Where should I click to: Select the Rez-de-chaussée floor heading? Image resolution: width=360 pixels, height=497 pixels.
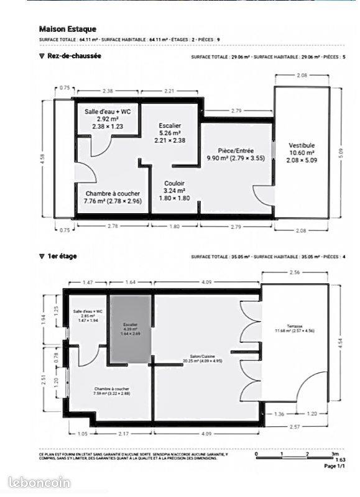click(69, 56)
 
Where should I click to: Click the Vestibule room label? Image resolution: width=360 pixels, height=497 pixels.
click(302, 145)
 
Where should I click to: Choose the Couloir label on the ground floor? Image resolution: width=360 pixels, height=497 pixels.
click(173, 184)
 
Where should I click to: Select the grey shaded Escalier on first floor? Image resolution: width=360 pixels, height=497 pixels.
click(131, 329)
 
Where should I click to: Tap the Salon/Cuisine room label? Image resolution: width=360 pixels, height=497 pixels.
click(198, 356)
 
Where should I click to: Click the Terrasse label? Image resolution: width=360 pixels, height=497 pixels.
click(295, 326)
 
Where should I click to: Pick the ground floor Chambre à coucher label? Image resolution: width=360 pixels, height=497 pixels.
click(113, 194)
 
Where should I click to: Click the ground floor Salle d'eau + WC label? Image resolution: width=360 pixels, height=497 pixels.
click(108, 112)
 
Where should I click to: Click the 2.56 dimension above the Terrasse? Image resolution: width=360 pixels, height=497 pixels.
click(295, 274)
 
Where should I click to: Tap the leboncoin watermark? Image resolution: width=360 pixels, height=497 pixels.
click(40, 482)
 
